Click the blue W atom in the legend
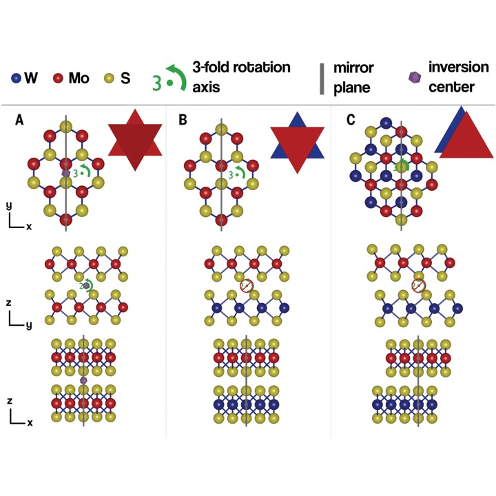17,78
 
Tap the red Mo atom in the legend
59,78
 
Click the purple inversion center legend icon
414,78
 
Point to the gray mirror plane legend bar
320,78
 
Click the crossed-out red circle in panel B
246,285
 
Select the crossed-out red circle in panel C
417,285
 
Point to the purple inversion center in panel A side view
83,380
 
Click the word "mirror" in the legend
354,68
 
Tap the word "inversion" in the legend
455,68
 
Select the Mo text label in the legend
79,78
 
